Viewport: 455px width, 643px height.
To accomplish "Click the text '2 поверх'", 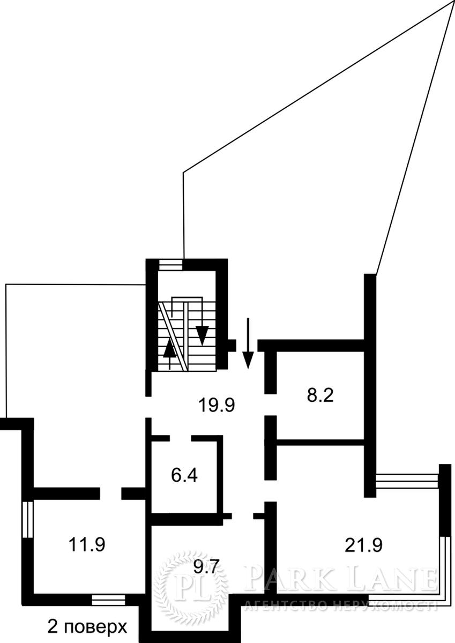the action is click(87, 625).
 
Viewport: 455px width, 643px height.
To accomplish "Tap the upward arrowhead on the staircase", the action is click(170, 348).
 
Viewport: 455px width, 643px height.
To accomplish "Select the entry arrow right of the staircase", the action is click(248, 343).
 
